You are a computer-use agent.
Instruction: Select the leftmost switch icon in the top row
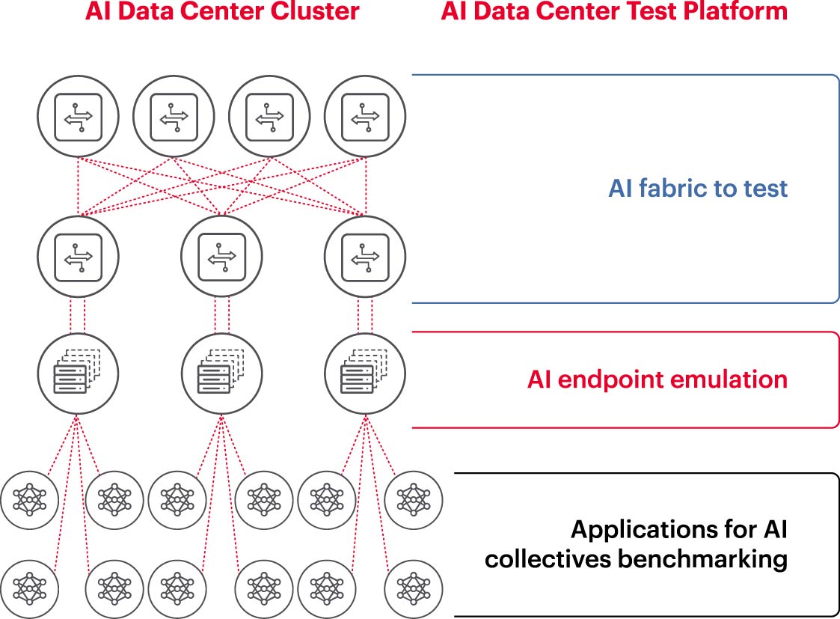tap(78, 116)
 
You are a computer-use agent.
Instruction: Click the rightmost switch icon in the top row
tap(365, 116)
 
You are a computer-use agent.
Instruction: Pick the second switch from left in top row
tap(174, 116)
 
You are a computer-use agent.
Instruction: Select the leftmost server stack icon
tap(78, 372)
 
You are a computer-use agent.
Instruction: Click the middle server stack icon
tap(221, 372)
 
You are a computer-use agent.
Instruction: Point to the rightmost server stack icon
tap(365, 372)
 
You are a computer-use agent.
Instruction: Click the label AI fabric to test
tap(697, 188)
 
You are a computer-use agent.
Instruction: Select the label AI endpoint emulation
tap(657, 379)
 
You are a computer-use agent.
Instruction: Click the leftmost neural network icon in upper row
tap(29, 498)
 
